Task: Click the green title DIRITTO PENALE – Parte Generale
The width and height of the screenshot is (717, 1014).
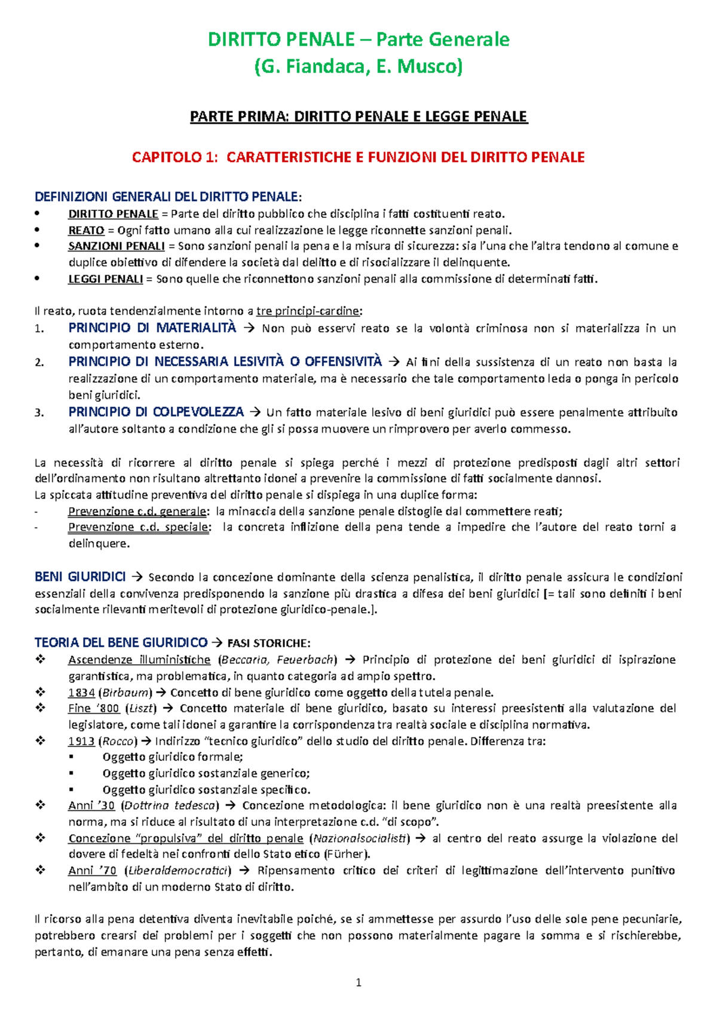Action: pyautogui.click(x=358, y=39)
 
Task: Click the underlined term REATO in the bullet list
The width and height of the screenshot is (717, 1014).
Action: pyautogui.click(x=86, y=231)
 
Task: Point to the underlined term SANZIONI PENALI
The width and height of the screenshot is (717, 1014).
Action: pyautogui.click(x=116, y=246)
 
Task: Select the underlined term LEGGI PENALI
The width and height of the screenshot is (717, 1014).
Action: pyautogui.click(x=105, y=279)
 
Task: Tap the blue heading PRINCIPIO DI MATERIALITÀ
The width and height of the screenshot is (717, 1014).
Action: pyautogui.click(x=152, y=328)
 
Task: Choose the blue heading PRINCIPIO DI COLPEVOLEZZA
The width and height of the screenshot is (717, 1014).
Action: pyautogui.click(x=156, y=412)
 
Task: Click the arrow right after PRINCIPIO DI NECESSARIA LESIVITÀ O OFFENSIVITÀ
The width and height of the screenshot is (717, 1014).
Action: pyautogui.click(x=393, y=362)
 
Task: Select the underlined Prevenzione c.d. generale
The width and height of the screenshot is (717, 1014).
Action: pyautogui.click(x=137, y=511)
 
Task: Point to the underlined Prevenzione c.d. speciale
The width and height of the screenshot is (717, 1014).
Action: pyautogui.click(x=139, y=527)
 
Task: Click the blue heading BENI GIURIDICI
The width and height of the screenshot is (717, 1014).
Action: pyautogui.click(x=80, y=577)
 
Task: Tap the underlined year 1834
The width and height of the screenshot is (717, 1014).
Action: pyautogui.click(x=81, y=693)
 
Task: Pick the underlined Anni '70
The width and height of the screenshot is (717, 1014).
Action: pyautogui.click(x=92, y=871)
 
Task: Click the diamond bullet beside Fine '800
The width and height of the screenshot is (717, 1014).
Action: pyautogui.click(x=40, y=708)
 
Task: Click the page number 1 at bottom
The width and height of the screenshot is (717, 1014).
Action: pyautogui.click(x=358, y=983)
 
